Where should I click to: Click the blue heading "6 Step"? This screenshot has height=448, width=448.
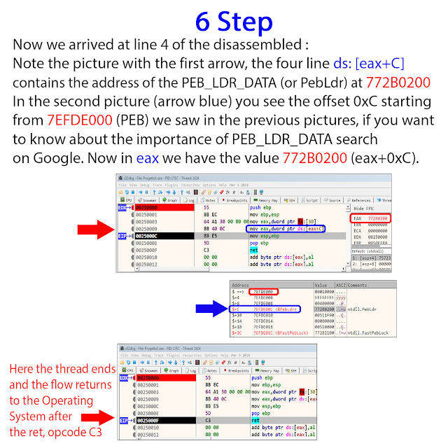point(224,21)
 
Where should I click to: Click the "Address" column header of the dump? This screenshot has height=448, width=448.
point(241,286)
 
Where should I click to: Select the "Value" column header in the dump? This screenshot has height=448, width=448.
point(322,286)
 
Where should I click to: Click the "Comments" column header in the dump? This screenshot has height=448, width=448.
point(358,286)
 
